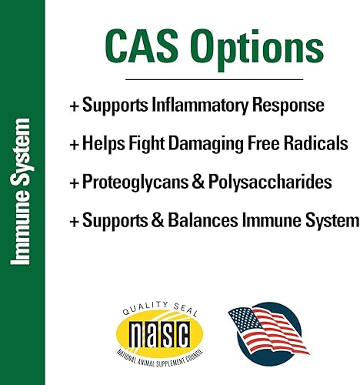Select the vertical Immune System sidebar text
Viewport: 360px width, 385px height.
(23, 192)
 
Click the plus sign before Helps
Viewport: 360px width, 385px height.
(74, 144)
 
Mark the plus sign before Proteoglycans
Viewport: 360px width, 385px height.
(74, 182)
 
